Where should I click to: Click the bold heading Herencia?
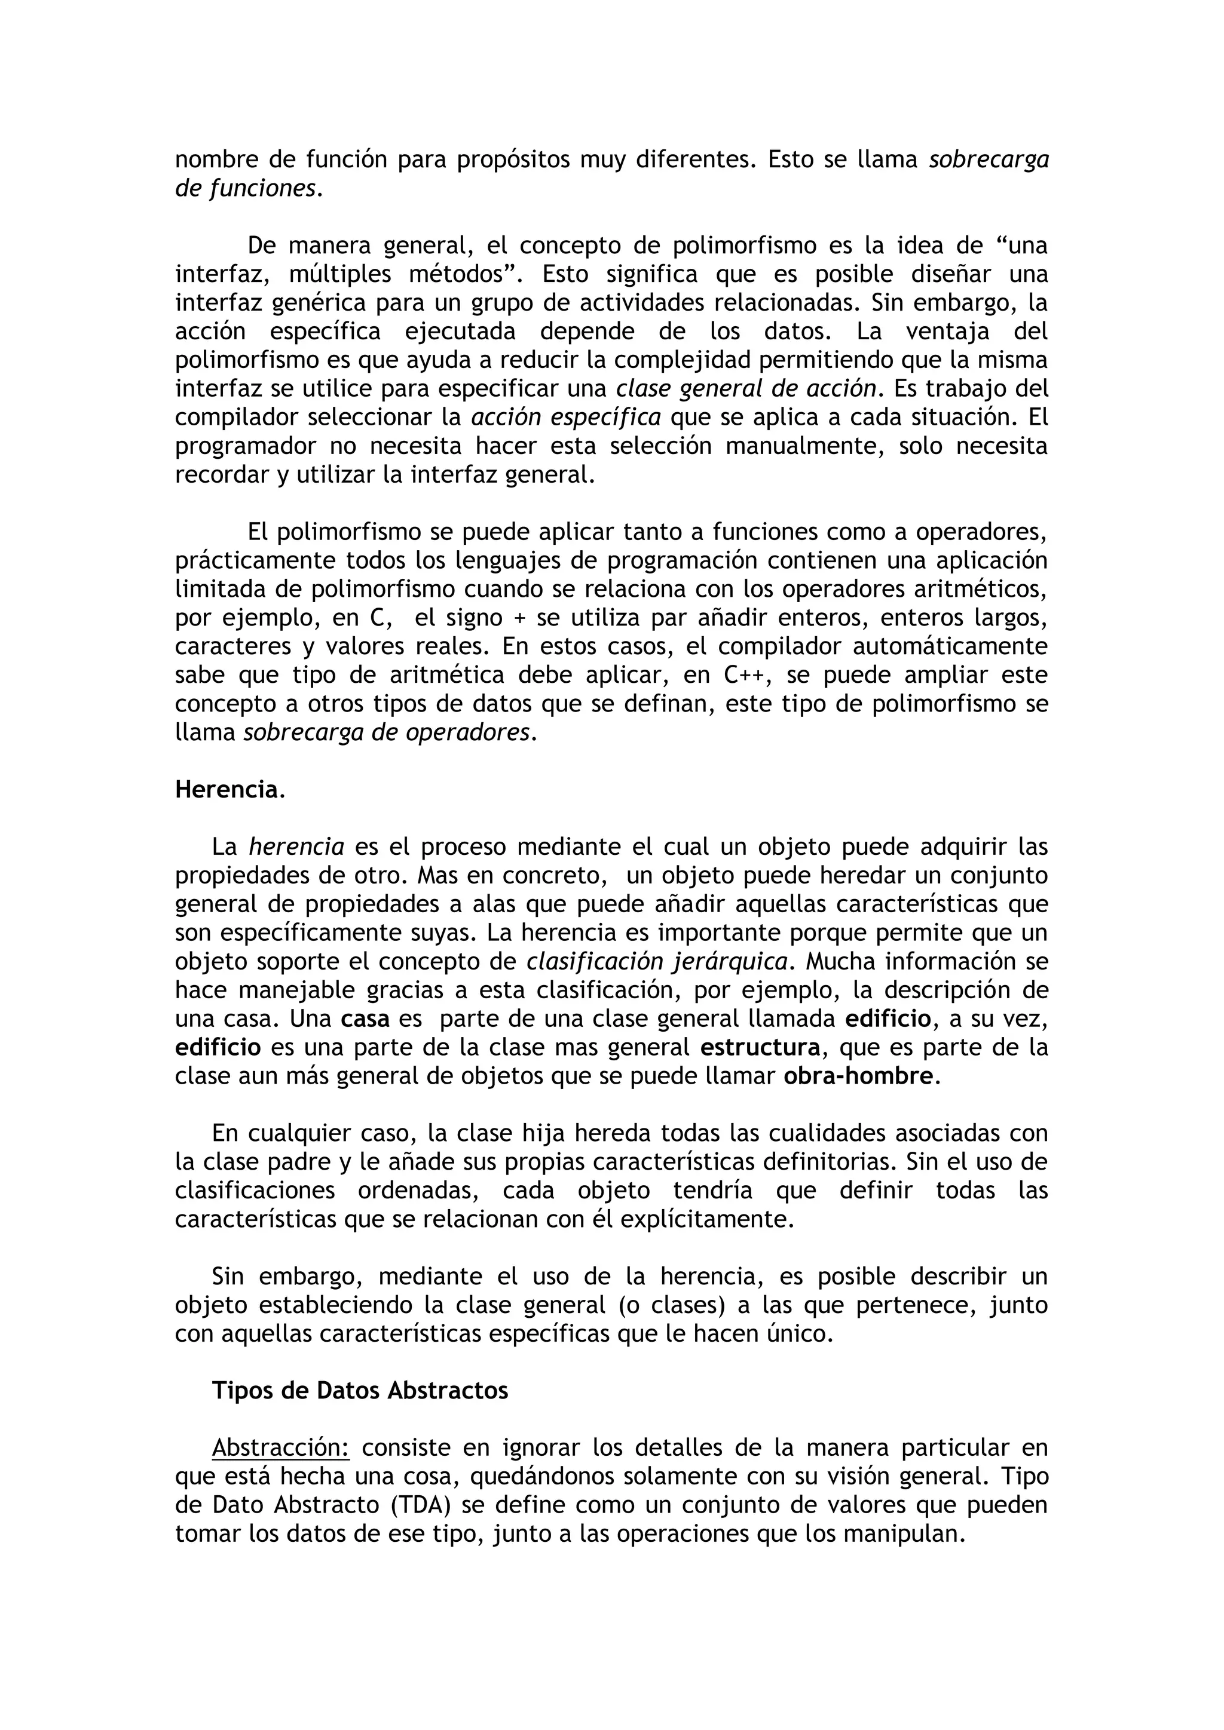point(226,790)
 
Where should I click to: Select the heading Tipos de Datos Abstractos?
point(360,1390)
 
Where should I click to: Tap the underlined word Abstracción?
point(280,1447)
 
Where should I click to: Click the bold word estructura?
point(760,1047)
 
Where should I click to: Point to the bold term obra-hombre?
point(858,1076)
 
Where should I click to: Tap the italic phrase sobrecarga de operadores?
point(386,732)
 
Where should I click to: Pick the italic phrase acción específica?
point(566,418)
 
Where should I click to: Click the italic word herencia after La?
point(296,847)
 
